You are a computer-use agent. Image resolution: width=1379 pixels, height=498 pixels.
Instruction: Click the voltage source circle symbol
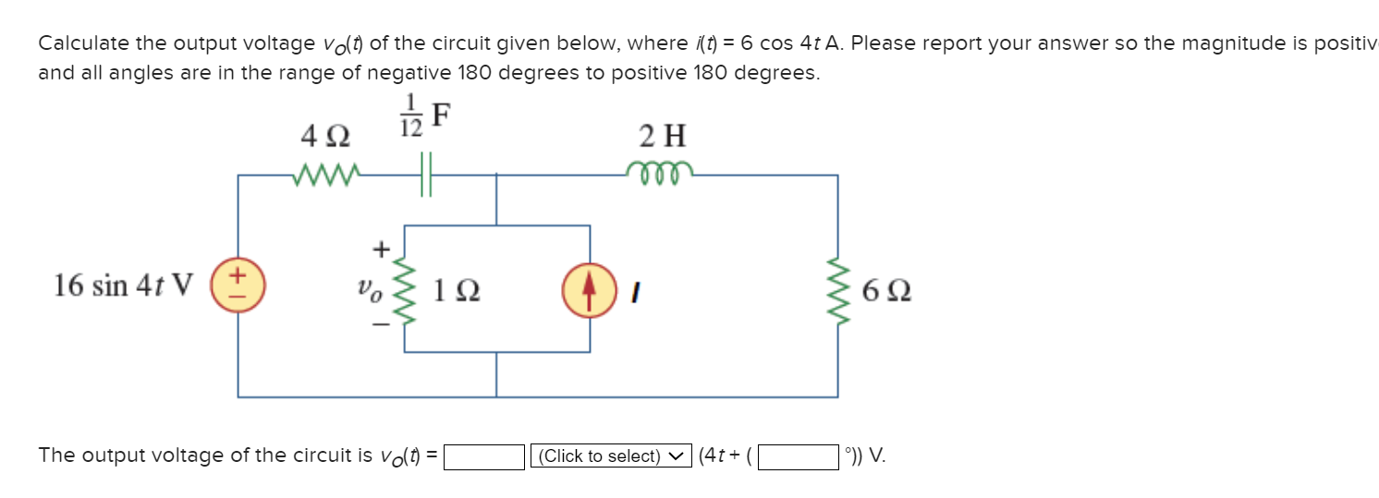(x=238, y=284)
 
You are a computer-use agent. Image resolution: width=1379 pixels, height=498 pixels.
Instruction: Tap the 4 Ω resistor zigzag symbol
(x=323, y=175)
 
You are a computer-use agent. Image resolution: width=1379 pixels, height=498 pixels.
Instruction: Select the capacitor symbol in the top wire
(x=425, y=175)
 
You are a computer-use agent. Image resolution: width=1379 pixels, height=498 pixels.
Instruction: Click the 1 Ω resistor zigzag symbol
(x=404, y=289)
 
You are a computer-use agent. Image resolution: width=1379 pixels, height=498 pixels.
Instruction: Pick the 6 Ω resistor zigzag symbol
(x=838, y=289)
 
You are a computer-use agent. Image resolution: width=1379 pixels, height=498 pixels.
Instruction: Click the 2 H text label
(x=663, y=137)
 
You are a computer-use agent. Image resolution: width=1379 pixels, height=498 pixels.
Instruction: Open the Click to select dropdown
(x=611, y=456)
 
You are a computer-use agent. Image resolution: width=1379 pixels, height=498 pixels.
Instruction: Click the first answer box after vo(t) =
(x=484, y=456)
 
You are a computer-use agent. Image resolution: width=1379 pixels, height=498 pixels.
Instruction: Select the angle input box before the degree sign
(x=799, y=456)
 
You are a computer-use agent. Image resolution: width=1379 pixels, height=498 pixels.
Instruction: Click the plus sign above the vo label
(x=379, y=248)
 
